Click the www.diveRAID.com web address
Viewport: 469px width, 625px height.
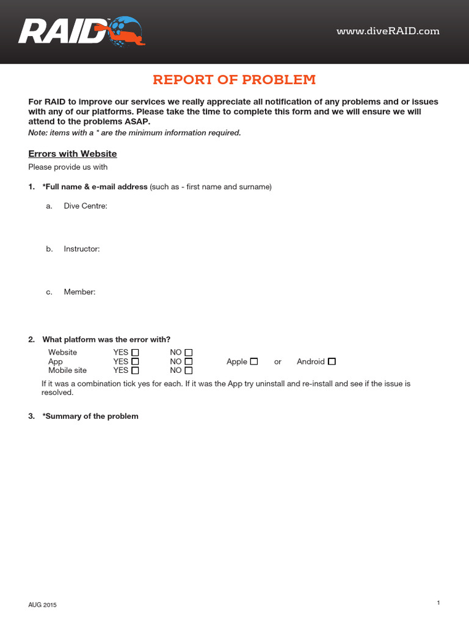(388, 31)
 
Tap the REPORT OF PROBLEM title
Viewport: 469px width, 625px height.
(234, 80)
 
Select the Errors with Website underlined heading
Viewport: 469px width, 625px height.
(73, 154)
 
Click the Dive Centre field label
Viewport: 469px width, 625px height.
(85, 206)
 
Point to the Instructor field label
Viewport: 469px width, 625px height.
(81, 249)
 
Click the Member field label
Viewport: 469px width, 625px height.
(79, 292)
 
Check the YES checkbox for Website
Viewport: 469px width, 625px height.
(136, 353)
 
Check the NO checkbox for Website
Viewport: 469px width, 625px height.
(189, 353)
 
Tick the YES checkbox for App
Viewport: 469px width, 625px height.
(136, 361)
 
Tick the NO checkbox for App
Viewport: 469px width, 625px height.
(189, 361)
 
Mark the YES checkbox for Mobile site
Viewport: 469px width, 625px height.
(136, 370)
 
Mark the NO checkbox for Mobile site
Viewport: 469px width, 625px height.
(189, 370)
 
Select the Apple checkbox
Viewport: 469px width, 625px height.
(254, 361)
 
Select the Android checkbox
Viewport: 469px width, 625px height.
(332, 361)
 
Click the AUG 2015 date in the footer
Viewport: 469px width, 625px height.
(42, 605)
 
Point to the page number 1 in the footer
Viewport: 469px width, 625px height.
(438, 603)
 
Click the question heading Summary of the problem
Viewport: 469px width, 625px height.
(90, 416)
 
